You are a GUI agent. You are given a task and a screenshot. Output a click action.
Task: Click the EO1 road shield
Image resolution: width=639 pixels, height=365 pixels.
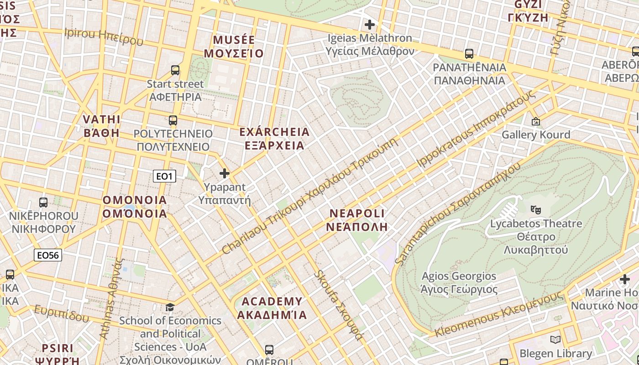pyautogui.click(x=164, y=176)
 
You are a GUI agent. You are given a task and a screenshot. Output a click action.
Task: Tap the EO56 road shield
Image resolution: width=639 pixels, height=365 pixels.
pyautogui.click(x=48, y=255)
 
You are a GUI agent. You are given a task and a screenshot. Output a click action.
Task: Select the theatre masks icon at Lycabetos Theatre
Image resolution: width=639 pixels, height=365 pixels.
pyautogui.click(x=536, y=210)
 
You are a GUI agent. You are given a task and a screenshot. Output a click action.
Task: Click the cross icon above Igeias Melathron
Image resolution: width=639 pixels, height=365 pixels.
pyautogui.click(x=370, y=24)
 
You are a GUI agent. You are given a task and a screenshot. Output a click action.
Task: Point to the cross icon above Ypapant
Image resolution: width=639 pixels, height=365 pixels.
pyautogui.click(x=224, y=173)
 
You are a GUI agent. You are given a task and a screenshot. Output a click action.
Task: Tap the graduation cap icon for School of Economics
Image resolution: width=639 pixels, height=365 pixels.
pyautogui.click(x=170, y=307)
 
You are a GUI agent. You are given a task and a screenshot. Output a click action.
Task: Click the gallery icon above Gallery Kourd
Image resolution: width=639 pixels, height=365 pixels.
pyautogui.click(x=535, y=121)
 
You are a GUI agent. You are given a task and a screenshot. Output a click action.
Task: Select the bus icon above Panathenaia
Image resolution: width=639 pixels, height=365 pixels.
pyautogui.click(x=469, y=54)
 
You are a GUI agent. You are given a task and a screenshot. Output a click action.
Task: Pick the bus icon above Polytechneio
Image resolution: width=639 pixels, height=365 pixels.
pyautogui.click(x=173, y=120)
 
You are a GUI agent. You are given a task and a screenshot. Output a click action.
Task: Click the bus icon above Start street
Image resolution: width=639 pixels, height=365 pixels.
pyautogui.click(x=175, y=70)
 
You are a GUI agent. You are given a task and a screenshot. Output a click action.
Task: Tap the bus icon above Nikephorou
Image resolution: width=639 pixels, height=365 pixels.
pyautogui.click(x=43, y=202)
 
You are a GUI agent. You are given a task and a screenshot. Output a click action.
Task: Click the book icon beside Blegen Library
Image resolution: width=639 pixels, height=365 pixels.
pyautogui.click(x=555, y=339)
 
